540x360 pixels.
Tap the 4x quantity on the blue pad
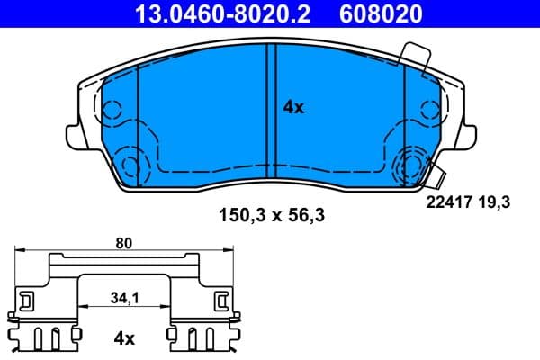(293, 107)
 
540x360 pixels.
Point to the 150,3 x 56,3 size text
(269, 216)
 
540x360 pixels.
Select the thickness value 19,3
(497, 204)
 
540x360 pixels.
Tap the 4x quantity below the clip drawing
(124, 338)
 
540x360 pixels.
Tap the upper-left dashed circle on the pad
(112, 111)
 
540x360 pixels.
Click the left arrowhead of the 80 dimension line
(21, 251)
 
